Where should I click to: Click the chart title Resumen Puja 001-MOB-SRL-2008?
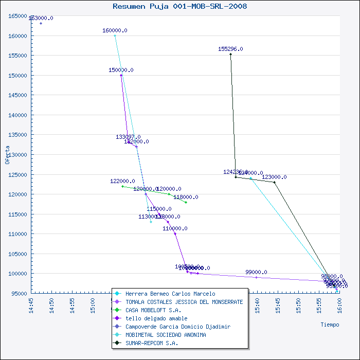(x=179, y=6)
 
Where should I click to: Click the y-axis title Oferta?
(x=7, y=154)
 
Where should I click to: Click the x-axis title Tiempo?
(x=330, y=325)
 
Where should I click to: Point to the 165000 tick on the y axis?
(x=18, y=16)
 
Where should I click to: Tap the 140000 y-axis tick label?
(x=18, y=115)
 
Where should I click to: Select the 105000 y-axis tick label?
(x=18, y=254)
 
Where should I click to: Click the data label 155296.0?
(x=230, y=49)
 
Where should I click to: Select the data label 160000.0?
(x=115, y=30)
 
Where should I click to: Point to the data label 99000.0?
(x=256, y=272)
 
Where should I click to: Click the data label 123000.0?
(x=274, y=177)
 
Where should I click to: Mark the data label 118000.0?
(x=186, y=197)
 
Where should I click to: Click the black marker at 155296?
(x=230, y=54)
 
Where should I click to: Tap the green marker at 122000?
(x=122, y=186)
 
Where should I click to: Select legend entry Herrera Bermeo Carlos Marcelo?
(x=163, y=294)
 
